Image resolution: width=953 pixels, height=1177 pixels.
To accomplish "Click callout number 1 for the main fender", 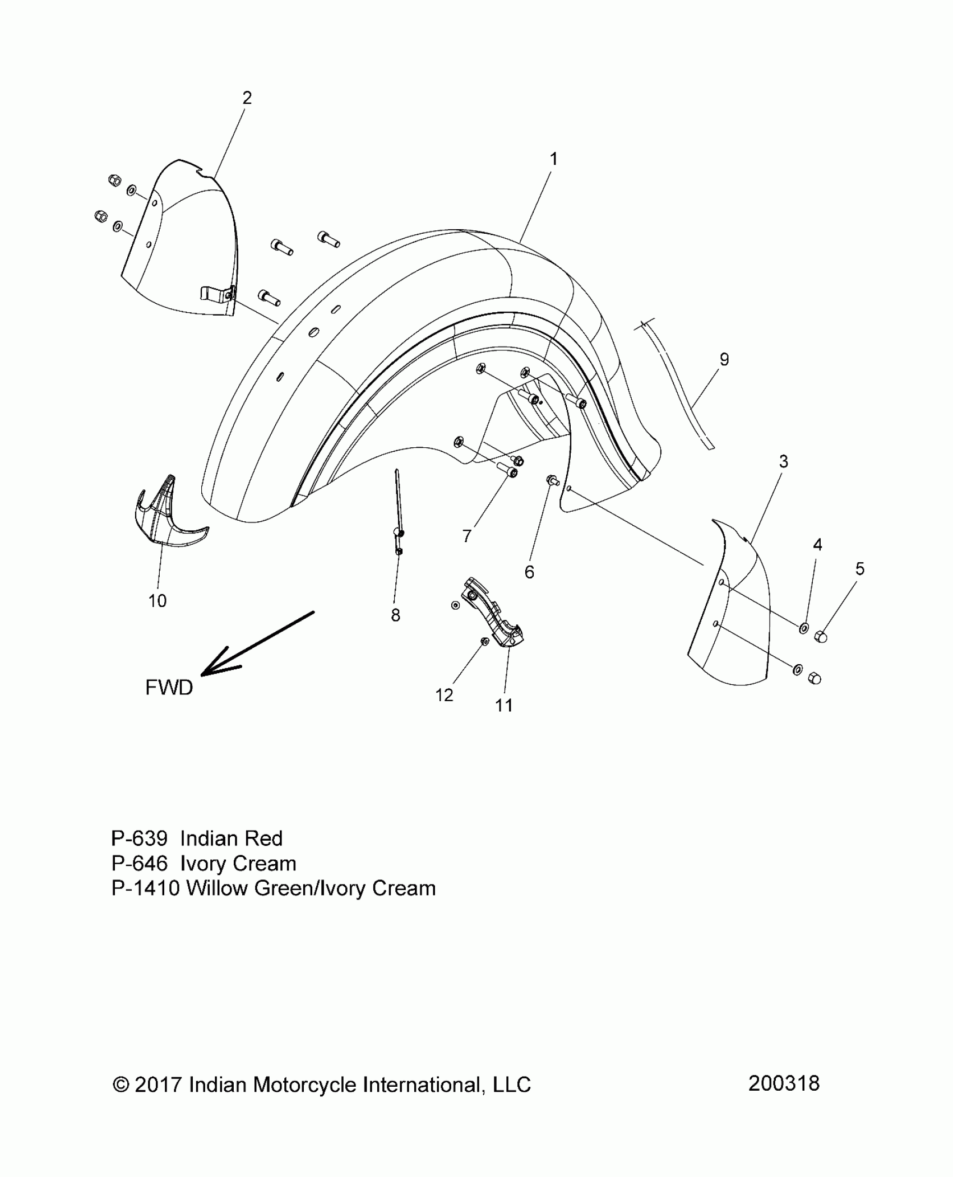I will [x=553, y=160].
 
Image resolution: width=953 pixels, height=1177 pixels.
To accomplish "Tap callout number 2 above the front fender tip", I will [x=247, y=98].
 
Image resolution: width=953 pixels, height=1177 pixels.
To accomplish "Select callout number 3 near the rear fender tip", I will [x=783, y=461].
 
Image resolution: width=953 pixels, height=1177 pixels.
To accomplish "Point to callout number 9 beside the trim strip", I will [x=724, y=360].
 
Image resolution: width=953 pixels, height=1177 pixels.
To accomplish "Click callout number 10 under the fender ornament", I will [x=158, y=601].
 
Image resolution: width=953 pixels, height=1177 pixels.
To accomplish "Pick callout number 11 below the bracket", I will [x=503, y=705].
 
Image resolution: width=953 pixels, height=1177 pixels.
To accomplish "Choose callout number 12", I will [x=444, y=695].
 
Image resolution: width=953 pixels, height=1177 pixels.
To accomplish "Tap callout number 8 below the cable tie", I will [x=395, y=615].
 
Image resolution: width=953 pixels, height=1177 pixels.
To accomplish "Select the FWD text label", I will [x=169, y=687].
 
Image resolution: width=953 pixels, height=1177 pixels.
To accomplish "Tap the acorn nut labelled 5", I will [x=820, y=637].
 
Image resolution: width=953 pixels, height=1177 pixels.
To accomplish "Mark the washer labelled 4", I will [x=803, y=628].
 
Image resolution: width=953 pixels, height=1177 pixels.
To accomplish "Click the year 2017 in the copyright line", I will [x=159, y=1085].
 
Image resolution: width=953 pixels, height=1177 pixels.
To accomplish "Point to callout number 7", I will [x=466, y=536].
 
